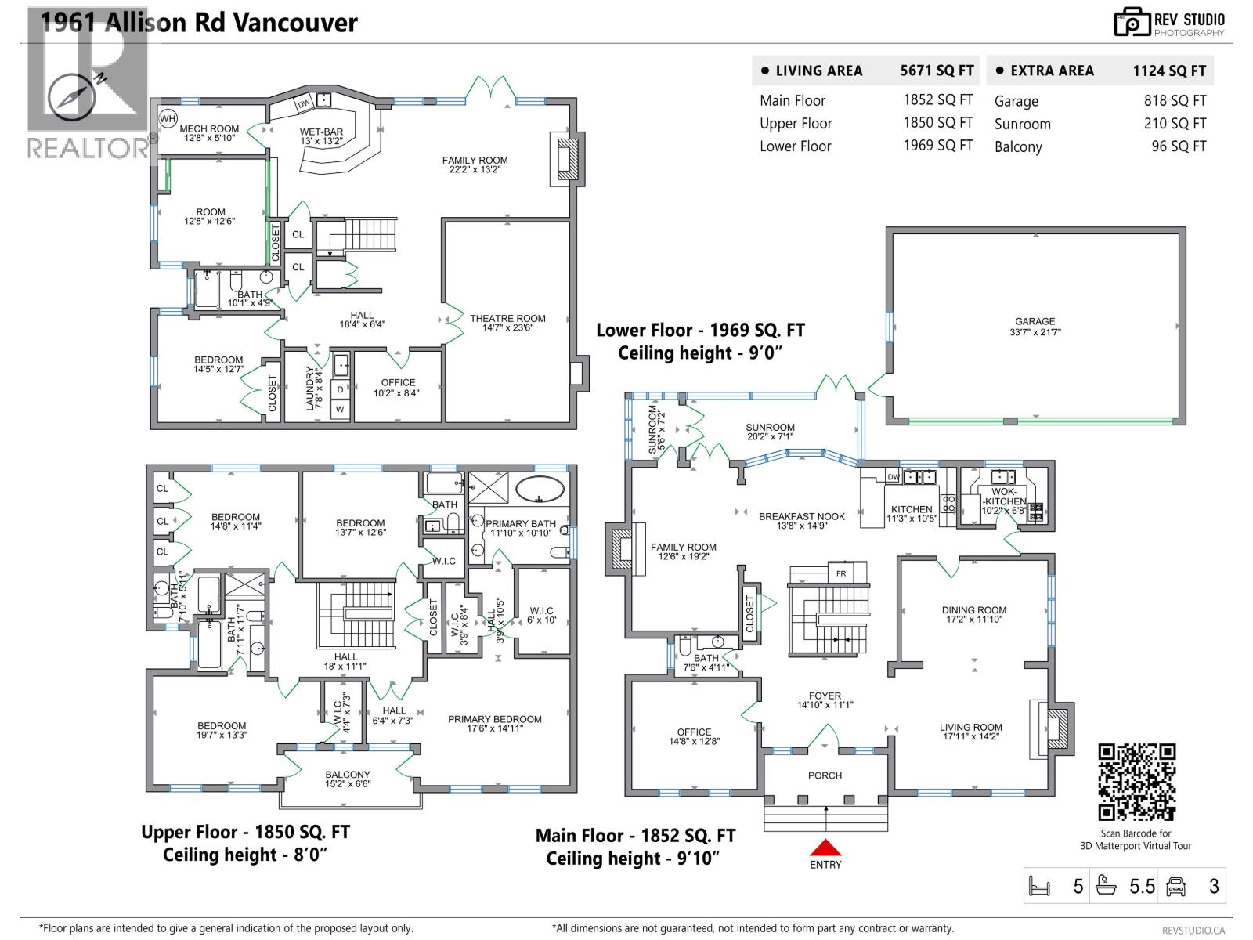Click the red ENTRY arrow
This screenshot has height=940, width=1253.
click(825, 848)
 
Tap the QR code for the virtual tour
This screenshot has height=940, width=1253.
click(1136, 782)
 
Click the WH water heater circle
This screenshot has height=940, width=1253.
click(168, 119)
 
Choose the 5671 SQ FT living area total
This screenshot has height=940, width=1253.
click(937, 70)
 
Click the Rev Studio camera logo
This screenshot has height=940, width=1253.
click(1132, 23)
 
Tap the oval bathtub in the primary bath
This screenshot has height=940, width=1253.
click(540, 489)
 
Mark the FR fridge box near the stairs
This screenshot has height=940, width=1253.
click(841, 573)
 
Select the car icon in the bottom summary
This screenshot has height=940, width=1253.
click(1176, 886)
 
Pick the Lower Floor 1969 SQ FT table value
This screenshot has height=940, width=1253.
click(937, 146)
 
